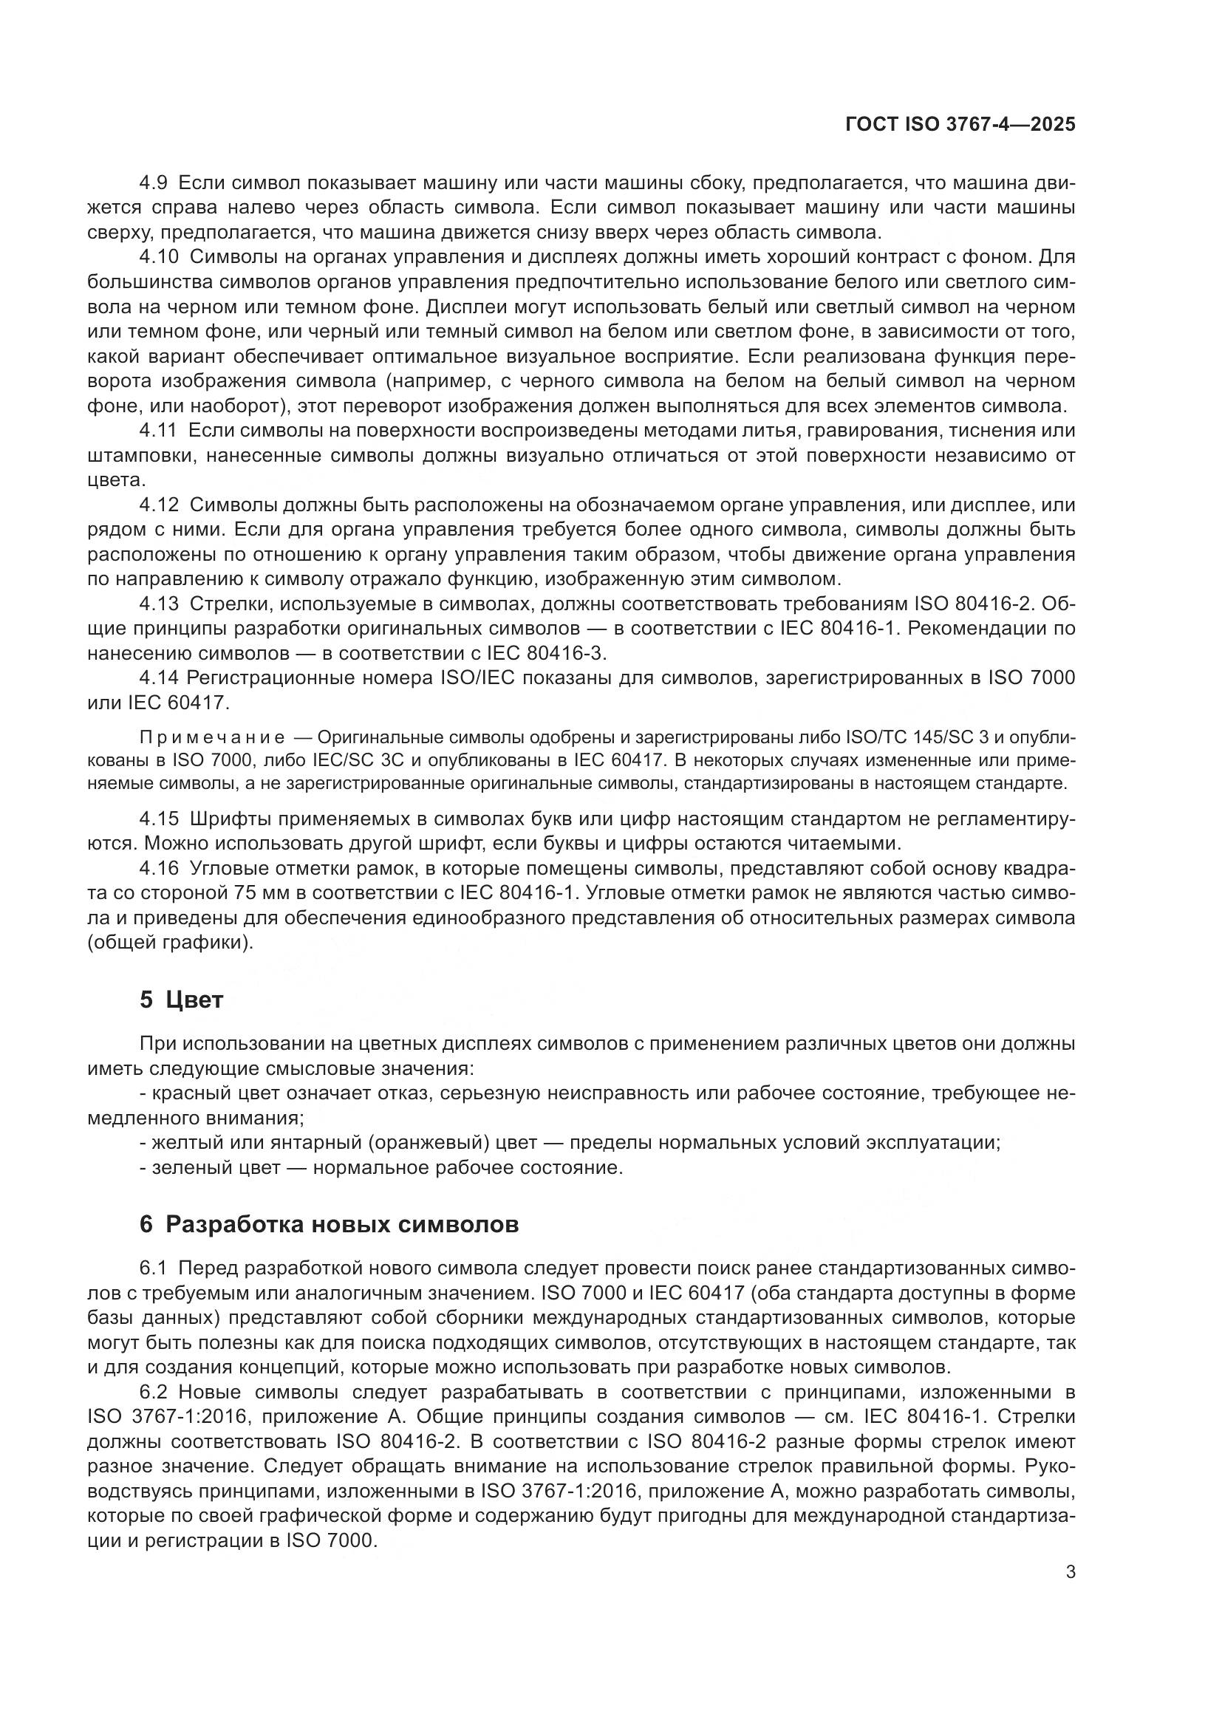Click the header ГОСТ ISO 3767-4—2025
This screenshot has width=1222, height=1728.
(x=960, y=125)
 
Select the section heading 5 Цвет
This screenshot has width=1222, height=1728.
(x=181, y=1000)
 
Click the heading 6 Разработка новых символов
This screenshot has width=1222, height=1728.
(x=329, y=1224)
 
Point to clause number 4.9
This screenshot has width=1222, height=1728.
(x=155, y=183)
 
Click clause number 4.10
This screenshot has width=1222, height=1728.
(x=160, y=257)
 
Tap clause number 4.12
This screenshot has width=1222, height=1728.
(x=160, y=505)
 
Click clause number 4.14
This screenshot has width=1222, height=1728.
(x=159, y=678)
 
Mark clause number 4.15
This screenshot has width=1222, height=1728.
(x=160, y=818)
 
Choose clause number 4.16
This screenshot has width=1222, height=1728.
(x=160, y=869)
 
